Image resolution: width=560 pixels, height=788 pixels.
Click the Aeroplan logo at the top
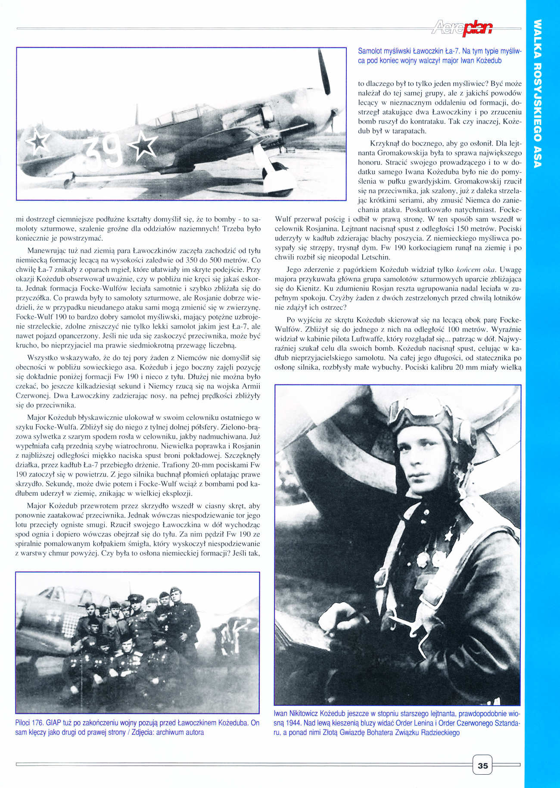(x=460, y=29)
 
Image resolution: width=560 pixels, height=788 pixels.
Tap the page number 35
(x=482, y=766)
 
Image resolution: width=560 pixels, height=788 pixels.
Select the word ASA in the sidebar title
(x=537, y=157)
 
